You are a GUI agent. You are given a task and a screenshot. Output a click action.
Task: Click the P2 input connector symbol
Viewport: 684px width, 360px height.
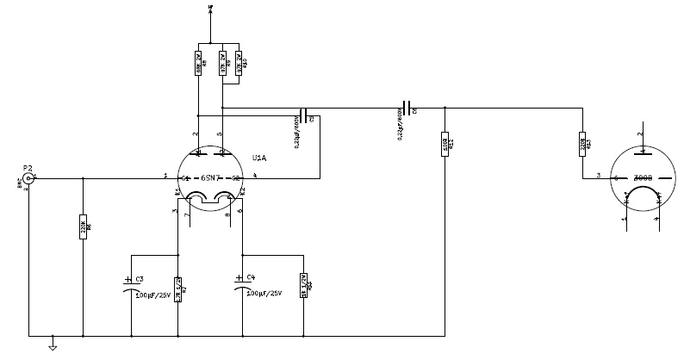28,178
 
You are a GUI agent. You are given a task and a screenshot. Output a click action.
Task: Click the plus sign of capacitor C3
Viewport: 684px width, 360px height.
128,278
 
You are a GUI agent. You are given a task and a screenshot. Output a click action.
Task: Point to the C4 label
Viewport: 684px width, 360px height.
251,276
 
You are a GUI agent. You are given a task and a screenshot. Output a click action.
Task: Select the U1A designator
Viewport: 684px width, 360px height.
258,158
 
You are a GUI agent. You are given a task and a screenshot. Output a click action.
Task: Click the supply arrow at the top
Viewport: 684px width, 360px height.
211,11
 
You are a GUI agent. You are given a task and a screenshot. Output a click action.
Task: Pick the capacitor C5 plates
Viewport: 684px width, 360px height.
302,116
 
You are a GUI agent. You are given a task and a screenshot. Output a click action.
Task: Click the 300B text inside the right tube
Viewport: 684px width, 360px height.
642,178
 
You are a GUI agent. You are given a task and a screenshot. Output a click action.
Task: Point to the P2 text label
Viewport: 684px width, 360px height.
28,167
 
